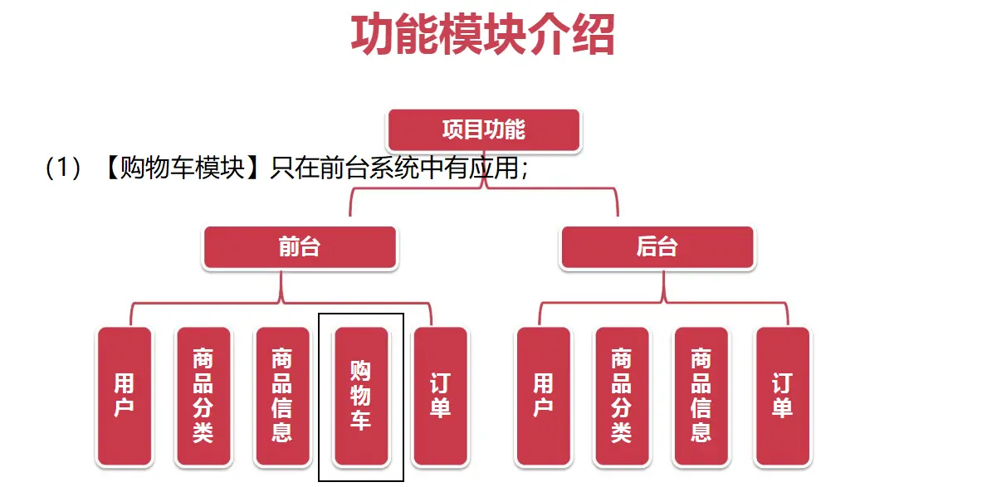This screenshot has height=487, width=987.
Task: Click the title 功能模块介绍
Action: coord(482,36)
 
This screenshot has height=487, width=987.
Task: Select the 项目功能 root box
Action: coord(484,130)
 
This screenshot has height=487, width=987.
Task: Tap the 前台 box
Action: coord(300,247)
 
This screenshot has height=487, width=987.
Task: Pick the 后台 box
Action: coord(657,247)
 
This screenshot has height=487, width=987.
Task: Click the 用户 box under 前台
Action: coord(125,395)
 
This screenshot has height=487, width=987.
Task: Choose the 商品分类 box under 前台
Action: coord(203,395)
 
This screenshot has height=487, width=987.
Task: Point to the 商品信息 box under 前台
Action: coord(282,395)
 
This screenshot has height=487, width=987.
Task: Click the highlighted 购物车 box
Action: coord(361,395)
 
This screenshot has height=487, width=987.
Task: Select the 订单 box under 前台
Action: coord(440,395)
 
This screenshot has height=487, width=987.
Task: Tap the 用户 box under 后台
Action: coord(544,395)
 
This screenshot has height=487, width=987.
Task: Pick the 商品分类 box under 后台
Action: coord(622,395)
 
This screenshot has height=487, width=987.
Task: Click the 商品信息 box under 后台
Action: coord(701,395)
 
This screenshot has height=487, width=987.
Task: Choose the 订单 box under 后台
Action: coord(782,395)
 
